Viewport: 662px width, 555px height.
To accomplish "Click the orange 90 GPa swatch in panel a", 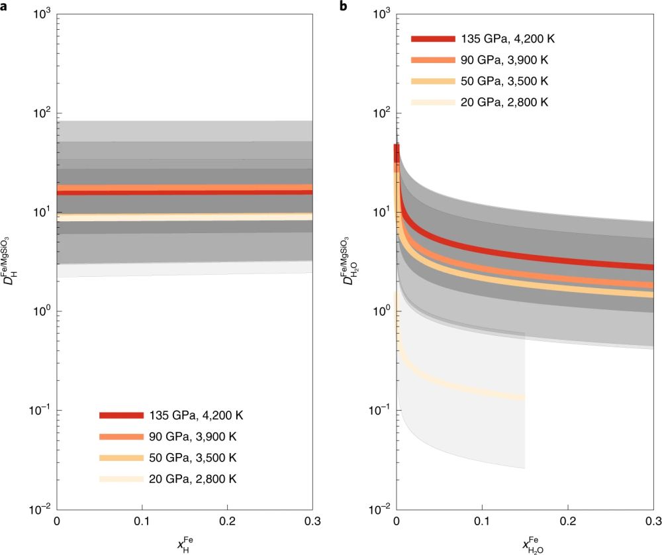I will (x=121, y=436).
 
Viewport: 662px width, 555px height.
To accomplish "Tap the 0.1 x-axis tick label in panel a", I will (x=142, y=523).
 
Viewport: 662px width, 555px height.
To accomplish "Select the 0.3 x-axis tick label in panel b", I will (x=653, y=523).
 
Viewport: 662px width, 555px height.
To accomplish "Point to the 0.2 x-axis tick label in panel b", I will (x=567, y=523).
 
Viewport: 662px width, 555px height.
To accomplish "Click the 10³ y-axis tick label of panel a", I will (x=41, y=14).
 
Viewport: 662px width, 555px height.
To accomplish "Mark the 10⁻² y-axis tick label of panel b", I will (x=379, y=509).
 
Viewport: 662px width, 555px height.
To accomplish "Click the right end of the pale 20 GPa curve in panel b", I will (x=523, y=398).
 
